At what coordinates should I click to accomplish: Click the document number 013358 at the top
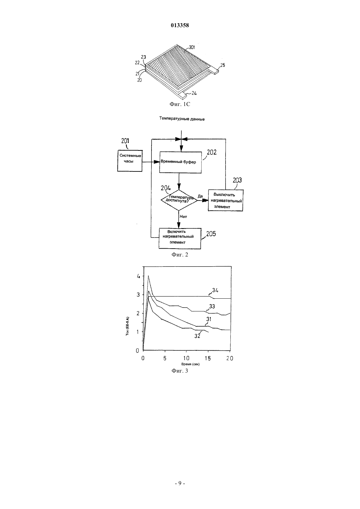coord(180,25)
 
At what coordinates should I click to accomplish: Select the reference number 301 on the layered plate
coord(192,47)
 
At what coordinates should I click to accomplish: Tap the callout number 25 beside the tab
coord(223,65)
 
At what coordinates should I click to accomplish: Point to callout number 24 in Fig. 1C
coord(194,93)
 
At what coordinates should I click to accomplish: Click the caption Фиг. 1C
coord(180,104)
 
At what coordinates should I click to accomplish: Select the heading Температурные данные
coord(182,119)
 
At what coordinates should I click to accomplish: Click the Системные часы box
coord(130,161)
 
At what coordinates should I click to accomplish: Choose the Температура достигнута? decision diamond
coord(179,200)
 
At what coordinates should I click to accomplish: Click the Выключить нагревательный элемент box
coord(225,201)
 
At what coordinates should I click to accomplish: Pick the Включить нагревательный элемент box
coord(180,238)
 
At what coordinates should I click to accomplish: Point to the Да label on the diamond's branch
coord(200,196)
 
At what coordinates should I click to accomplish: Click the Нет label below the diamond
coord(183,217)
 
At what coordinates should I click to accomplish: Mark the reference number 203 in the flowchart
coord(237,180)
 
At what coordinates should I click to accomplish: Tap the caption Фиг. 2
coord(180,254)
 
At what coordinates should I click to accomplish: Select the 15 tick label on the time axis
coord(208,358)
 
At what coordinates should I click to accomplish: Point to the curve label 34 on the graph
coord(215,290)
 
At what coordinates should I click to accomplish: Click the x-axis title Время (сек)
coord(190,364)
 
